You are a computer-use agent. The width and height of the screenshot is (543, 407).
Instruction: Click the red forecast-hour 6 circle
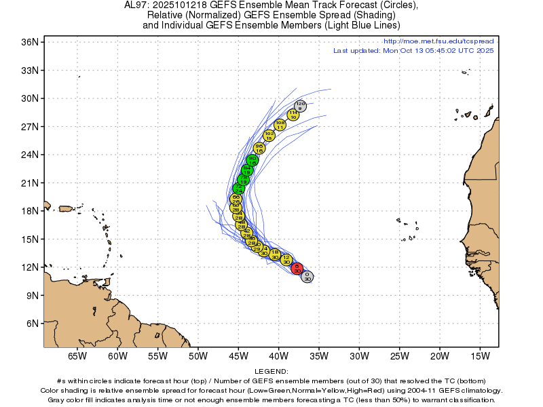click(x=297, y=268)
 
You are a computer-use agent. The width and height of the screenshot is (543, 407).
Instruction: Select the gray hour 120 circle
click(x=301, y=105)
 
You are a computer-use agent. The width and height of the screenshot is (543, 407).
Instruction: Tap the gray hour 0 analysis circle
click(x=307, y=276)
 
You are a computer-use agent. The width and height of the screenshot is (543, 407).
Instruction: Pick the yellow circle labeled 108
click(x=280, y=124)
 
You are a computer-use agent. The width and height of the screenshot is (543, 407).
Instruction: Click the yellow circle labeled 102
click(x=269, y=136)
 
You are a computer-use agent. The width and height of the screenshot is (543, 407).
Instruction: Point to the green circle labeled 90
click(x=252, y=161)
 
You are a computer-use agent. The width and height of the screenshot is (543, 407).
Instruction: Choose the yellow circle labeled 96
click(x=259, y=148)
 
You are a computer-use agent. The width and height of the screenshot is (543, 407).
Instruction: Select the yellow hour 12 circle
click(x=286, y=259)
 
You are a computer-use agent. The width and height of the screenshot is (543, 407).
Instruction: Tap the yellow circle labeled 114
click(x=293, y=115)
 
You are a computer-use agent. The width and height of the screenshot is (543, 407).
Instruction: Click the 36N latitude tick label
click(x=31, y=41)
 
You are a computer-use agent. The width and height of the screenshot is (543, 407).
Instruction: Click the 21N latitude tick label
click(x=31, y=182)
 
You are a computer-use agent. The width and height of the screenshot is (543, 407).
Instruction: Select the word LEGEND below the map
click(x=271, y=372)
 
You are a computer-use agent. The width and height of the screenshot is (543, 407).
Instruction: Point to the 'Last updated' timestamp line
click(x=413, y=51)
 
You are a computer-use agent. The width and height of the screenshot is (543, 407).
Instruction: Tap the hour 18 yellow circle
click(x=275, y=254)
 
